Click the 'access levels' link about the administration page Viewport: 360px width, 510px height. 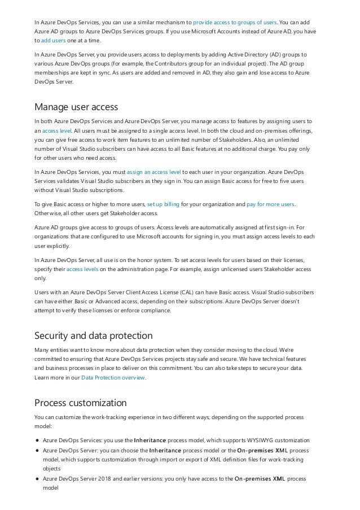click(x=82, y=269)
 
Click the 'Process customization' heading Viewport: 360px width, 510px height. click(x=80, y=403)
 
